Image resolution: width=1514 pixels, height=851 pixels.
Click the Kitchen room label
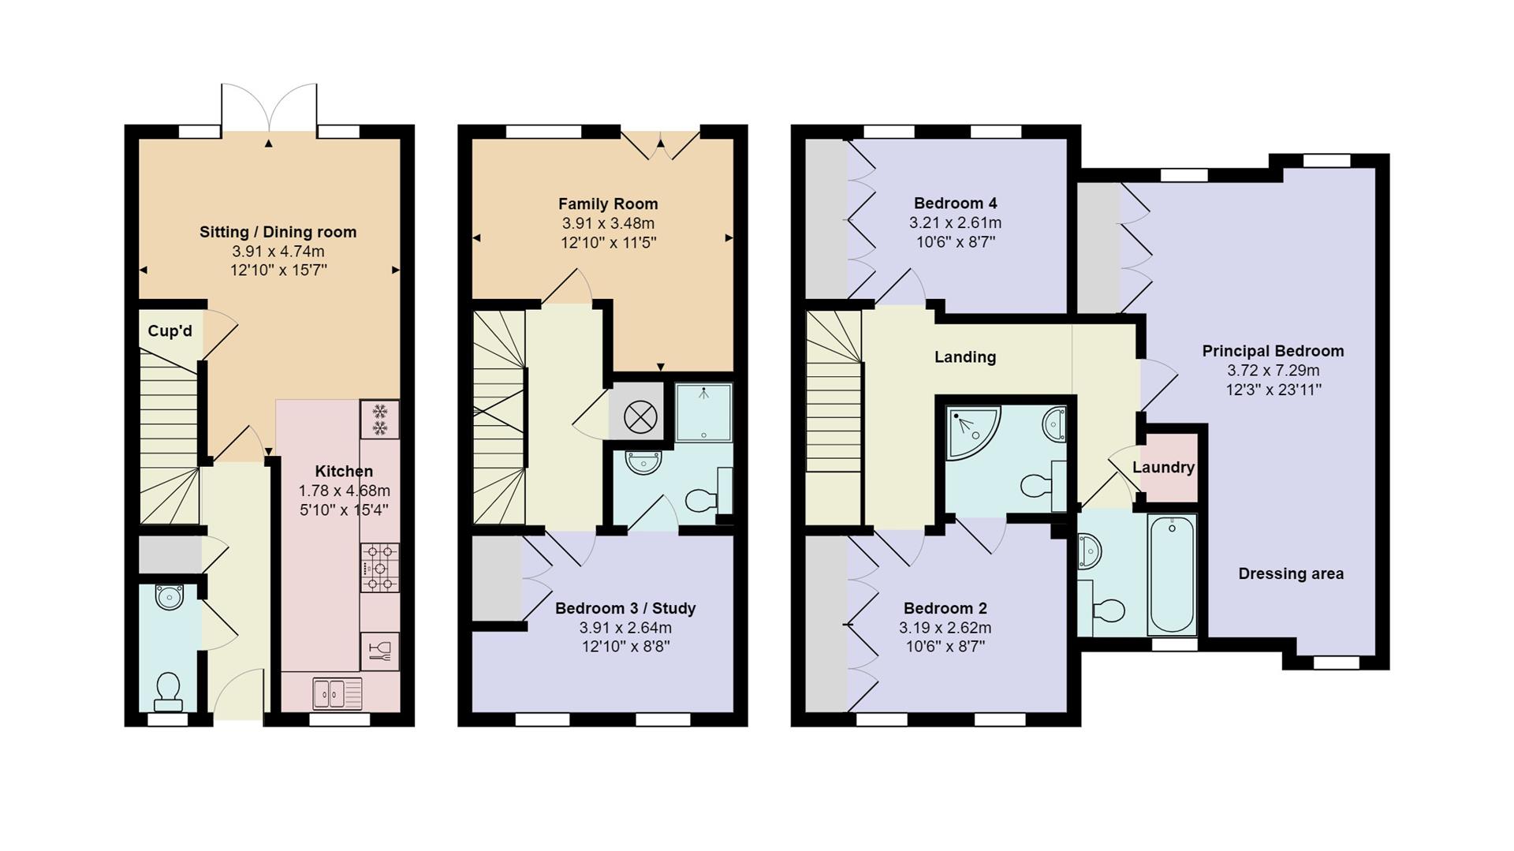coord(344,472)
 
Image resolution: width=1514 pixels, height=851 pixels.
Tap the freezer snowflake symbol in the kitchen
coord(379,420)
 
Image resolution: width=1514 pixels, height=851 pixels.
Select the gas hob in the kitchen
coord(379,567)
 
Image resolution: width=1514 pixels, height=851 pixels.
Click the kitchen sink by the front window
coord(337,693)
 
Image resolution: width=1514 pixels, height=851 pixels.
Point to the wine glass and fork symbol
coord(379,651)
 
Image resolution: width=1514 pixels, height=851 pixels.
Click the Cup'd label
coord(170,330)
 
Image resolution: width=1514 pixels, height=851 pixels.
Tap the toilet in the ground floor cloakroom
coord(169,692)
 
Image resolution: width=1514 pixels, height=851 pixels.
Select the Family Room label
coord(608,204)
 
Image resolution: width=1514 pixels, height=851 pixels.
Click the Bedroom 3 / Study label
coord(625,608)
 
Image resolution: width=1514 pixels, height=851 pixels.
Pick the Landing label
coord(965,357)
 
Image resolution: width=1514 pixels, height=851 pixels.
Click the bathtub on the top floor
coord(1173,574)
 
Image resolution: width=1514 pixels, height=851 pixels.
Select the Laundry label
coord(1163,467)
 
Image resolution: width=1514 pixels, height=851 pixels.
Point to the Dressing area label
coord(1291,574)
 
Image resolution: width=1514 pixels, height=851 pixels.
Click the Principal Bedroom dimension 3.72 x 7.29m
coord(1273,371)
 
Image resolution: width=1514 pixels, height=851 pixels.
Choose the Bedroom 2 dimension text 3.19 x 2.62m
coord(945,629)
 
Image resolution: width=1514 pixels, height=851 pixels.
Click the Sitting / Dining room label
coord(278,233)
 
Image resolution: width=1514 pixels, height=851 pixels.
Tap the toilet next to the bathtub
coord(1104,610)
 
